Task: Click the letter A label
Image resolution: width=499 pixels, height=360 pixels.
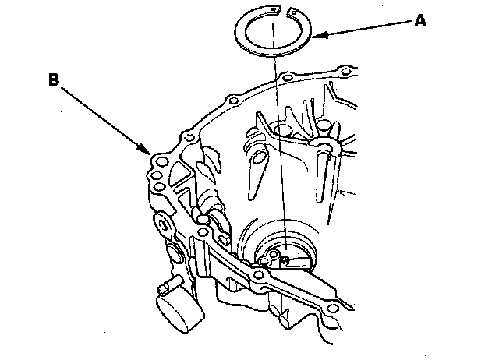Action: [x=420, y=21]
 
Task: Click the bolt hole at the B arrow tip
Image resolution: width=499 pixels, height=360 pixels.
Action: [x=161, y=163]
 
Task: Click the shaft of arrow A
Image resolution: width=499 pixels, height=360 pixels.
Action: [x=366, y=28]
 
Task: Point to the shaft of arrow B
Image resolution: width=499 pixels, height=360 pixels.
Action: [x=101, y=115]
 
